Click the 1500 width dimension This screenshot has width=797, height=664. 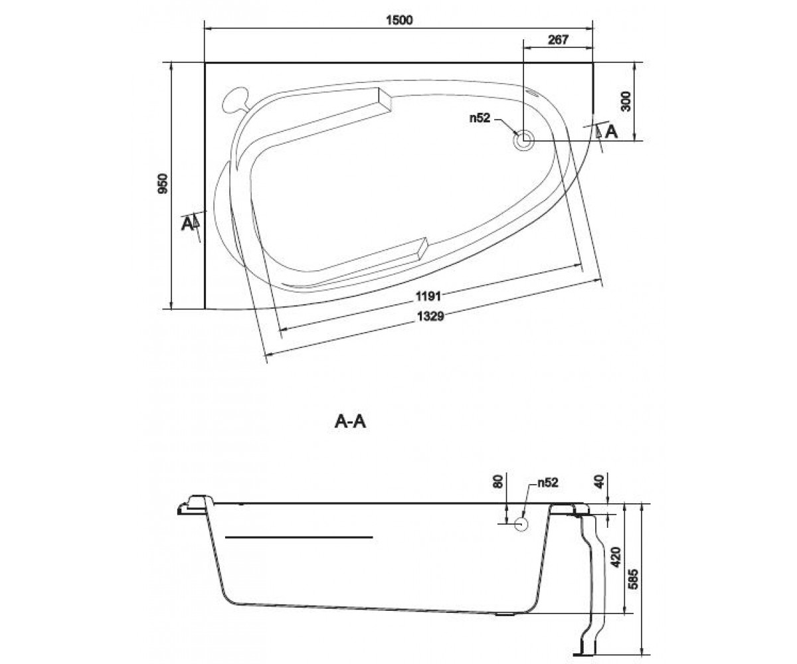click(399, 20)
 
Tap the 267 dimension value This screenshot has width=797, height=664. click(558, 39)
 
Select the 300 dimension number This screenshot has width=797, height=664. click(626, 101)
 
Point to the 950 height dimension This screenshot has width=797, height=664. click(163, 183)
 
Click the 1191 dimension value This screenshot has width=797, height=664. click(428, 295)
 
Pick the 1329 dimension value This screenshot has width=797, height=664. click(430, 316)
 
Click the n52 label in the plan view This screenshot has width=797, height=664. click(480, 118)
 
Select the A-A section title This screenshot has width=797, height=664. click(350, 422)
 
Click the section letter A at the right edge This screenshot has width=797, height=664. click(611, 131)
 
